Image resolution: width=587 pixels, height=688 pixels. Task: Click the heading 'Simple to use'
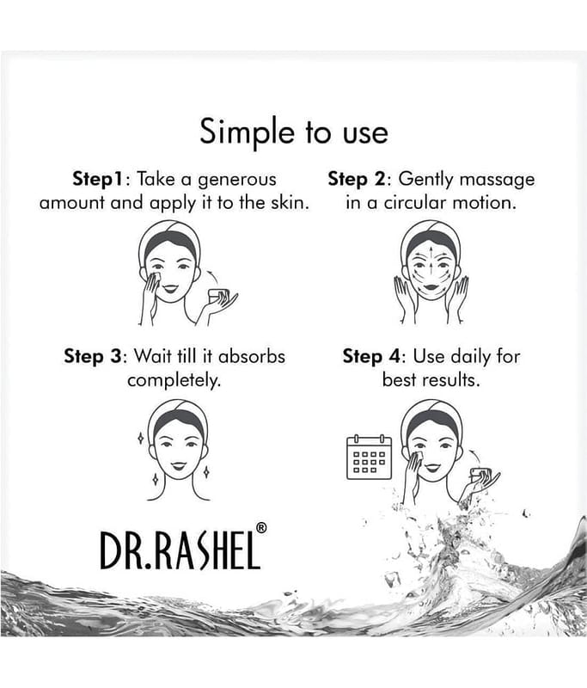[294, 132]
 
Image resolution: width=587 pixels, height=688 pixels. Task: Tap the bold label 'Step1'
[99, 179]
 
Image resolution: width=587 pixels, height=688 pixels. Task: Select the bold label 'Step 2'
[357, 180]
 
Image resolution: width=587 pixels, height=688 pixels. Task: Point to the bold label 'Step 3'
[92, 356]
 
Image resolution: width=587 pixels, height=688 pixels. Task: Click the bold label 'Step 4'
[371, 356]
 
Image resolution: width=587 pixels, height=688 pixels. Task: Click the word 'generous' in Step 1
[237, 181]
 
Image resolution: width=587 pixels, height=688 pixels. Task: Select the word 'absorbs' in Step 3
[252, 356]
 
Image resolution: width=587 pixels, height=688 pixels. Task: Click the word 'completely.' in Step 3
[174, 380]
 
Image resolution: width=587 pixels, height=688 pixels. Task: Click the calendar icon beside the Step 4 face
[369, 457]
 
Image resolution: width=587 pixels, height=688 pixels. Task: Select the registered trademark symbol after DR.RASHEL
[260, 528]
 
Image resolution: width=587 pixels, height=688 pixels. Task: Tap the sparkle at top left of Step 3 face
[140, 438]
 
